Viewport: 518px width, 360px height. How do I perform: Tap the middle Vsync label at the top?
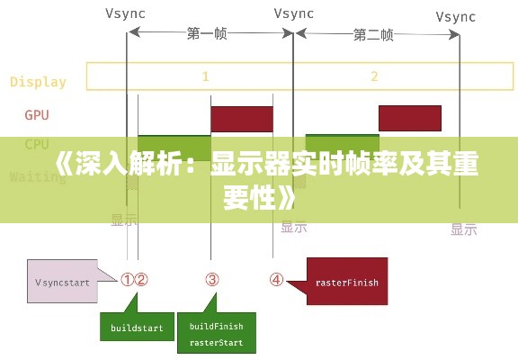(295, 13)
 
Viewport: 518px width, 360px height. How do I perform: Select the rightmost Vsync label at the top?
(457, 16)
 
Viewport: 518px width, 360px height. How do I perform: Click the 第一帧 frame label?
(207, 34)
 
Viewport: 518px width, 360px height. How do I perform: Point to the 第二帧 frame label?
(373, 35)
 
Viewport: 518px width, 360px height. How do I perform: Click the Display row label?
(38, 82)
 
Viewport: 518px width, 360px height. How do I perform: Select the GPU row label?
(37, 115)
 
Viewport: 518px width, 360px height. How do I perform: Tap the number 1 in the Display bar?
(205, 76)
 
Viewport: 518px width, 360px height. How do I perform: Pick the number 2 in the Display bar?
(374, 76)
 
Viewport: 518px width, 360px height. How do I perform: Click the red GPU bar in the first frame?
(241, 119)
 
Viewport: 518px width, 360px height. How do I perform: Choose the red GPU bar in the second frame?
(409, 118)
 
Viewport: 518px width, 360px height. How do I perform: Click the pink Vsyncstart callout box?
(63, 282)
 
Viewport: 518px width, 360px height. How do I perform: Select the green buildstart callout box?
(137, 328)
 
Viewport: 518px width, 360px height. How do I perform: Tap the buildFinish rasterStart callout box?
(215, 335)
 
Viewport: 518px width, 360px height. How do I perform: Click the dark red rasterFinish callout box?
(346, 282)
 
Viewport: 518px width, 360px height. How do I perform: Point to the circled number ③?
(212, 280)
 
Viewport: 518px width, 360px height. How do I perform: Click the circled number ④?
(276, 280)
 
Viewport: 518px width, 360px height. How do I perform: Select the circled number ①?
(128, 280)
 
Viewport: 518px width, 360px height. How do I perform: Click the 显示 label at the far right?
(463, 229)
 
